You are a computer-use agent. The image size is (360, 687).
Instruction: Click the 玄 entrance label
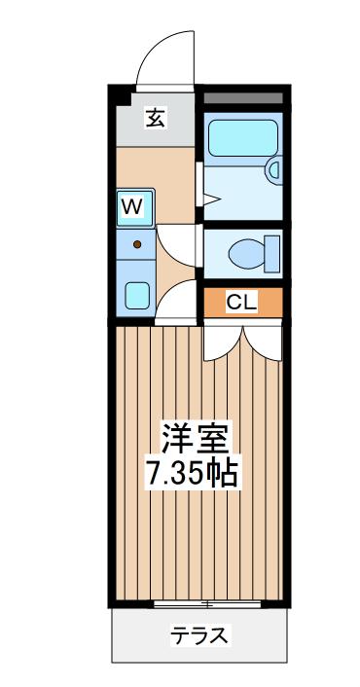[156, 119]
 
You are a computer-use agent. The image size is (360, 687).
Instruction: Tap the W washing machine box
[135, 207]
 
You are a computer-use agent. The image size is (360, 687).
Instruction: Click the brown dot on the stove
[137, 244]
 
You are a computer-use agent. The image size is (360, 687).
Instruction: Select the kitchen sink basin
[137, 296]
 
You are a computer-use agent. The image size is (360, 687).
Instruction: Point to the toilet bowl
[247, 254]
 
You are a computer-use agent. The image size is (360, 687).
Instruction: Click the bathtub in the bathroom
[243, 138]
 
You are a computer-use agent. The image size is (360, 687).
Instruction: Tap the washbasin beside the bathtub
[274, 169]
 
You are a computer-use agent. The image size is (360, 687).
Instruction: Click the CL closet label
[241, 302]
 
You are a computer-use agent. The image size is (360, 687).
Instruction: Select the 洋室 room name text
[194, 439]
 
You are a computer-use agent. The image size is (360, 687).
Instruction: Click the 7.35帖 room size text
[193, 473]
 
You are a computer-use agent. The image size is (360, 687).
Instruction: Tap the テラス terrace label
[199, 635]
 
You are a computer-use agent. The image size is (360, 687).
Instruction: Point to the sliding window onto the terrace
[207, 603]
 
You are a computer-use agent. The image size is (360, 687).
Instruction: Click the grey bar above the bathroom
[243, 97]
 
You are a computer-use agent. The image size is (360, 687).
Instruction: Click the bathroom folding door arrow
[211, 199]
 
